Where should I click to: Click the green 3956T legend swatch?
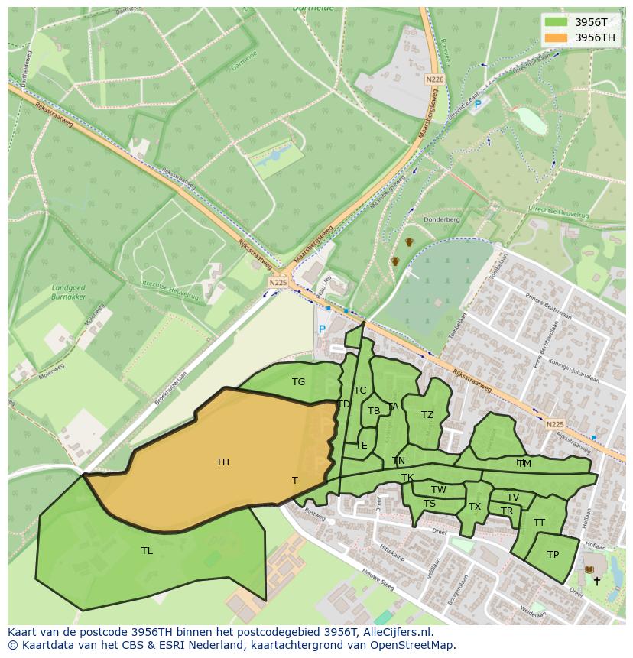pyautogui.click(x=556, y=21)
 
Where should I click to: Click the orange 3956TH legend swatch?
pyautogui.click(x=556, y=37)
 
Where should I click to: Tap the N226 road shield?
pyautogui.click(x=434, y=79)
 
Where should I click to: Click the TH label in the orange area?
pyautogui.click(x=222, y=462)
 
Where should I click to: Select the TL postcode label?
pyautogui.click(x=147, y=550)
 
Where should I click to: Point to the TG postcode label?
pyautogui.click(x=298, y=382)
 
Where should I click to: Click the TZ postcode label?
pyautogui.click(x=427, y=415)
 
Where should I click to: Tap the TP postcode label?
pyautogui.click(x=553, y=555)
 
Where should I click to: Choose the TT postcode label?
pyautogui.click(x=539, y=523)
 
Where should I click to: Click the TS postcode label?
pyautogui.click(x=430, y=504)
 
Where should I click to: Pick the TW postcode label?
pyautogui.click(x=439, y=490)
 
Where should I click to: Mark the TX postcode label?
pyautogui.click(x=475, y=507)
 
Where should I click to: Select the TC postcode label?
pyautogui.click(x=360, y=391)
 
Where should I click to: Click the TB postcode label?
pyautogui.click(x=374, y=411)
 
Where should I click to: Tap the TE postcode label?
pyautogui.click(x=362, y=445)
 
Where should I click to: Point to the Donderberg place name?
pyautogui.click(x=443, y=219)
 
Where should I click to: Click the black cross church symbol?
pyautogui.click(x=597, y=581)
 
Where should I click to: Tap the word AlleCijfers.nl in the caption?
pyautogui.click(x=397, y=632)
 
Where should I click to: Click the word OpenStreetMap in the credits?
pyautogui.click(x=416, y=645)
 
